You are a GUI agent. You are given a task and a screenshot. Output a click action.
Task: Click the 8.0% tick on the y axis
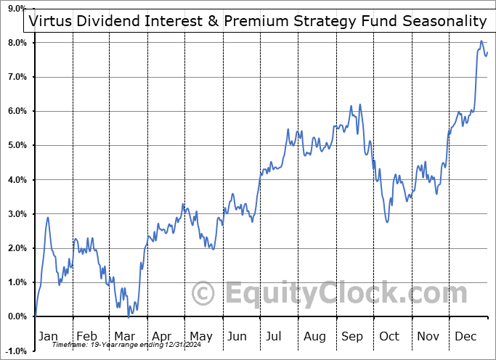click(16, 43)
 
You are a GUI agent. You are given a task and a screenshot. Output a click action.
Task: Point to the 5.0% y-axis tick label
click(16, 145)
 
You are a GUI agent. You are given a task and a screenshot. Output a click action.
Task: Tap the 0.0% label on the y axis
click(16, 316)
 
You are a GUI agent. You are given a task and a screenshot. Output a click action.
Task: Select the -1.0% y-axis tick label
click(16, 351)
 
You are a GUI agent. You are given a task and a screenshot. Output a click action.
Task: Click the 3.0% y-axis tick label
click(16, 214)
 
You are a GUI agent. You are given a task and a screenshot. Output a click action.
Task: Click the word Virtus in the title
click(49, 21)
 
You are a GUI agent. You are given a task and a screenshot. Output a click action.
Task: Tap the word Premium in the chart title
click(253, 21)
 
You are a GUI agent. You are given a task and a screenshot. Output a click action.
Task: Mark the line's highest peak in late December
click(481, 41)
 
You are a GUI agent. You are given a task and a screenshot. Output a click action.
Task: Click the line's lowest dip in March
click(129, 316)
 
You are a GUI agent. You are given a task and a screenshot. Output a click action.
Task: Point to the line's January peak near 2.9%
click(48, 217)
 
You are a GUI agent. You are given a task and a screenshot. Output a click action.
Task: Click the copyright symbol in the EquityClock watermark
click(203, 294)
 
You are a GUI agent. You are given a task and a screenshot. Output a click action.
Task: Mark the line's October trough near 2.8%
click(388, 221)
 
